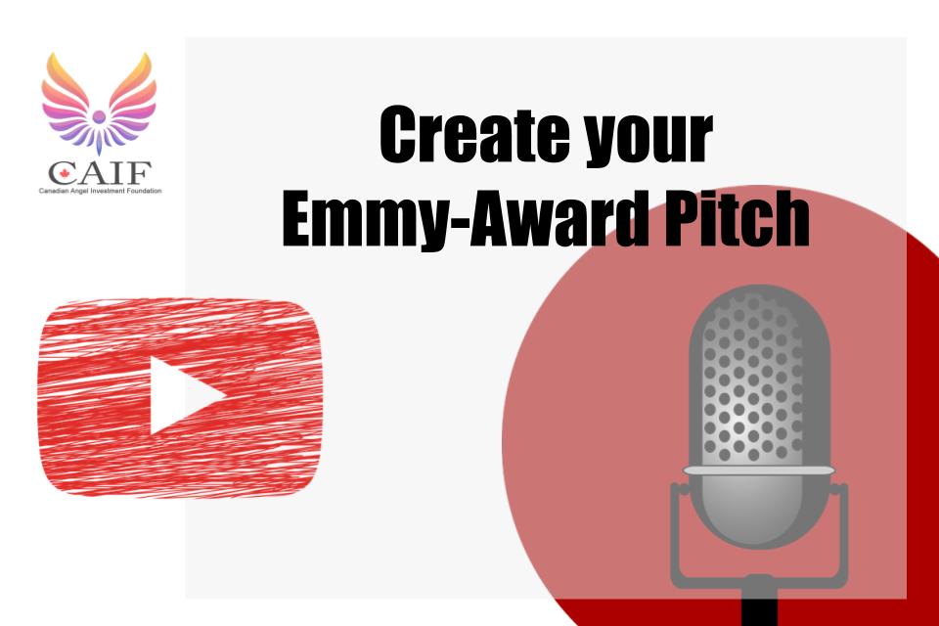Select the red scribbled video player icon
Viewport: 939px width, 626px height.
coord(180,398)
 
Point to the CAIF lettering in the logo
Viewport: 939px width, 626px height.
coord(100,173)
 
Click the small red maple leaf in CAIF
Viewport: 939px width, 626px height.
coord(65,175)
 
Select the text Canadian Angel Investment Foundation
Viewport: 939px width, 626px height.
coord(100,191)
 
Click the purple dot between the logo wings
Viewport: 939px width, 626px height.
coord(99,116)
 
